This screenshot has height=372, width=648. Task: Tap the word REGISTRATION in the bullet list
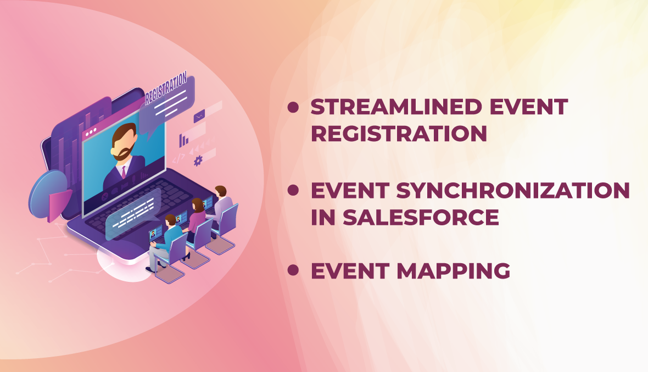(x=399, y=134)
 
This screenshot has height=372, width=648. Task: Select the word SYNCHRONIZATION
(x=513, y=191)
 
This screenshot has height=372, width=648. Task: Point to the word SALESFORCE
(x=421, y=218)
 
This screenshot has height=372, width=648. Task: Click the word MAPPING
(x=454, y=271)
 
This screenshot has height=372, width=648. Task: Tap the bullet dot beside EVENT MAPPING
(x=293, y=270)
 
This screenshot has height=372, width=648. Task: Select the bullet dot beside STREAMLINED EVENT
(x=293, y=108)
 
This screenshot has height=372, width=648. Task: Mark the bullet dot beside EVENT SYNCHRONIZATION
(x=293, y=190)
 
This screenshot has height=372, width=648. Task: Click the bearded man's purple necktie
(x=124, y=172)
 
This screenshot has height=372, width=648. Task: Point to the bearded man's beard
(x=123, y=153)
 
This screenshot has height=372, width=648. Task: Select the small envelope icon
(x=199, y=116)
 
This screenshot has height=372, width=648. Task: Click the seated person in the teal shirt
(x=165, y=242)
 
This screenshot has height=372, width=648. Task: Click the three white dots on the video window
(x=90, y=132)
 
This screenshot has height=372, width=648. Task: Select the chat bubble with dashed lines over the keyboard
(x=132, y=213)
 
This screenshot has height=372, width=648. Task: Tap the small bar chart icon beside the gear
(x=183, y=141)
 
